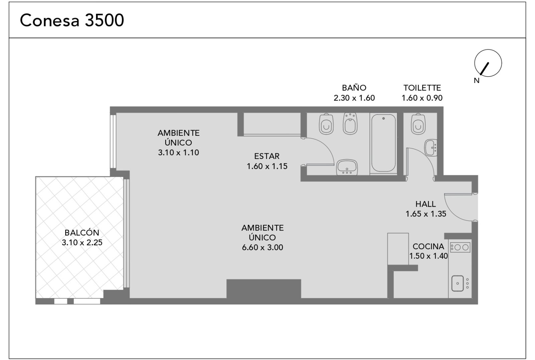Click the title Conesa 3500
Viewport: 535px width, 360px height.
point(72,20)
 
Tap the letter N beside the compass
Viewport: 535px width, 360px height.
point(477,81)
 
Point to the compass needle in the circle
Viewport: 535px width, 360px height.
point(485,69)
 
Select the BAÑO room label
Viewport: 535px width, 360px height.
point(354,88)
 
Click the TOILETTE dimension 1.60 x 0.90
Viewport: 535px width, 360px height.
point(422,98)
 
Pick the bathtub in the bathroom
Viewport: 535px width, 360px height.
point(383,143)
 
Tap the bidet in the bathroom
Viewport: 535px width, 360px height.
point(350,123)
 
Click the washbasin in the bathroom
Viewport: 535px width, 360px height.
point(347,167)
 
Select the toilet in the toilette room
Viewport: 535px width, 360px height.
point(418,124)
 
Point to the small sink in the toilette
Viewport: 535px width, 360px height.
point(431,148)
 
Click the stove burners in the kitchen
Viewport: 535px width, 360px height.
point(460,247)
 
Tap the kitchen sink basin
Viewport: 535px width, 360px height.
point(457,283)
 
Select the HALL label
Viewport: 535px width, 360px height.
point(426,204)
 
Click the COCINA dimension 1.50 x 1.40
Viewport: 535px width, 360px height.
point(428,256)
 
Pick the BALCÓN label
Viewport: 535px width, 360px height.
point(82,233)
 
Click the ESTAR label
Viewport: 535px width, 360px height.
point(267,156)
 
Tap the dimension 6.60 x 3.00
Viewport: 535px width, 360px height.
point(262,247)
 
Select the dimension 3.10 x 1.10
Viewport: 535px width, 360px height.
point(179,152)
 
